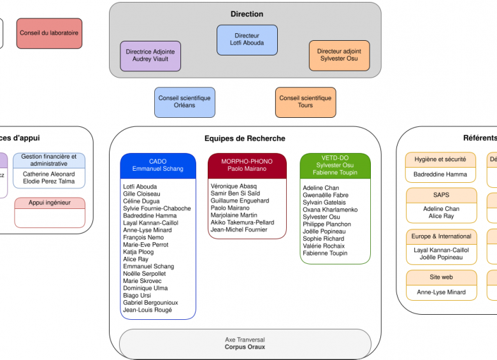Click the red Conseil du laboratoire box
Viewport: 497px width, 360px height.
coord(50,32)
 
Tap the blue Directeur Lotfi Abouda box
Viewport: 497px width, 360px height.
coord(247,40)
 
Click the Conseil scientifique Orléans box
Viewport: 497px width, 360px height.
coord(184,102)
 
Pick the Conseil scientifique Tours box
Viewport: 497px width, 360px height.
coord(305,102)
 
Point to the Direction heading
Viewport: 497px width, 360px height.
coord(247,14)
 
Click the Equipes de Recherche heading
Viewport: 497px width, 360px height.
coord(245,138)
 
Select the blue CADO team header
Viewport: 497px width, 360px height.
coord(157,166)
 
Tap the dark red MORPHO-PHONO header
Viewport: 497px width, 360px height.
coord(247,166)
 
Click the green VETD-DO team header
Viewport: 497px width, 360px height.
coord(335,165)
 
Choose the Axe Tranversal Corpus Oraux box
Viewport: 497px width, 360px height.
coord(245,343)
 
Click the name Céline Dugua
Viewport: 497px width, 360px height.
coord(141,201)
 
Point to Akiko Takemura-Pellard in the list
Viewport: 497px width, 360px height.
coord(242,222)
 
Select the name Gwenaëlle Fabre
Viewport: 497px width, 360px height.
coord(325,195)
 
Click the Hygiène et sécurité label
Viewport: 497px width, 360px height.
coord(440,159)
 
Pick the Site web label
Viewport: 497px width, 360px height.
coord(440,277)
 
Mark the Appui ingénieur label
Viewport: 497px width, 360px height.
coord(49,203)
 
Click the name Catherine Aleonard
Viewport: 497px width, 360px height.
coord(48,174)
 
